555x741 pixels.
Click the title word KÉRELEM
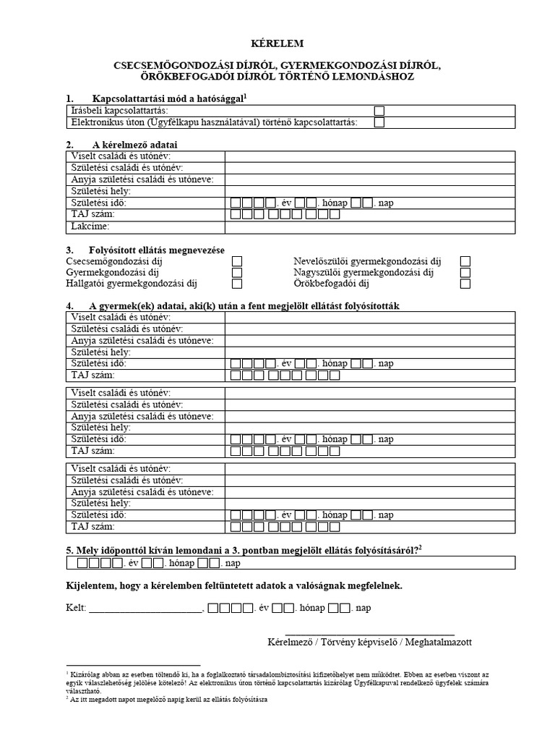[277, 44]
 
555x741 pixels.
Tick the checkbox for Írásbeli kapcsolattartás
[379, 111]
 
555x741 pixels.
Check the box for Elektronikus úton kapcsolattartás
[379, 123]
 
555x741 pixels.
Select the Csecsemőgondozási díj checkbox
[237, 261]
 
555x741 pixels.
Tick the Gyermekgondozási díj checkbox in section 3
[237, 273]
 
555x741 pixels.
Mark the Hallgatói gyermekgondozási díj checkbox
[237, 284]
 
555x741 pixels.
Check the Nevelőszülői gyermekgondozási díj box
[465, 261]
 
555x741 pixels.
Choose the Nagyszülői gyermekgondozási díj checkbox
[465, 273]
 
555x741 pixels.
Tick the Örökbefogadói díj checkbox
[465, 284]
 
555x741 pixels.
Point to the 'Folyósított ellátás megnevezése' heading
[158, 250]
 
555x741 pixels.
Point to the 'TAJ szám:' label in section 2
[93, 215]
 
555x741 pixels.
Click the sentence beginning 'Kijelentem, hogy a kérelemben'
[231, 584]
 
